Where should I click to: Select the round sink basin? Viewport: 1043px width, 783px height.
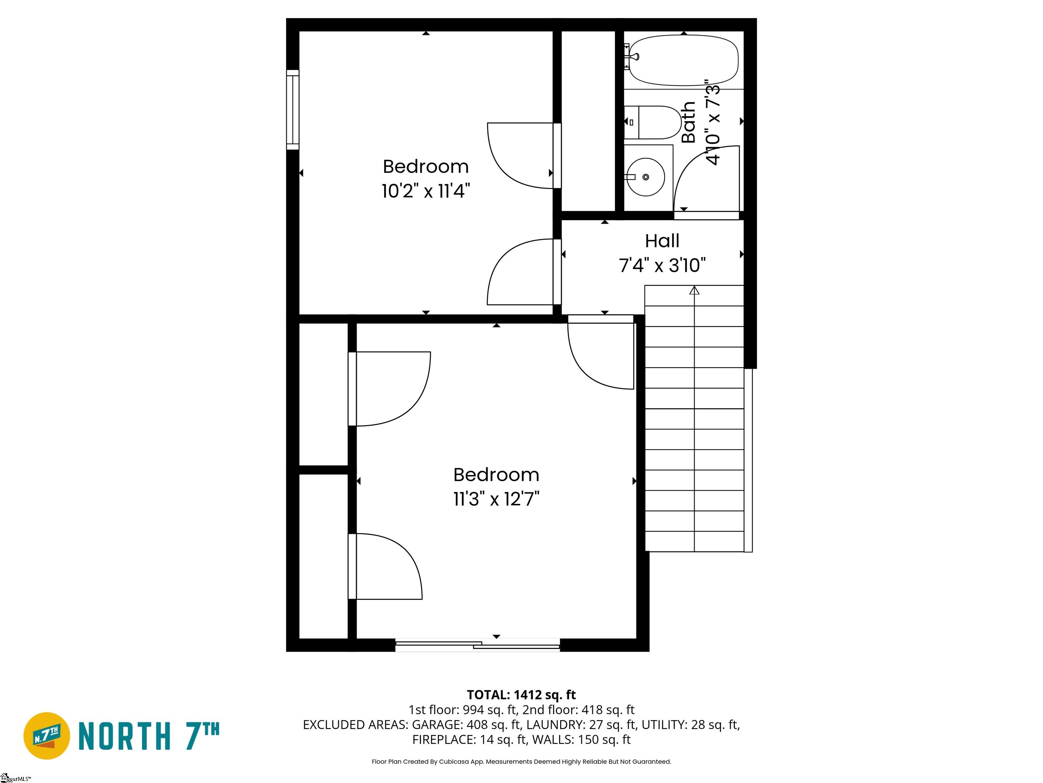click(645, 177)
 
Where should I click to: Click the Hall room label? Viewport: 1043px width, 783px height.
click(662, 241)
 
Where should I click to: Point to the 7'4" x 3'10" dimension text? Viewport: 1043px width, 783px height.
click(662, 265)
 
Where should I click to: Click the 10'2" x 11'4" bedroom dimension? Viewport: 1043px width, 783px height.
click(426, 191)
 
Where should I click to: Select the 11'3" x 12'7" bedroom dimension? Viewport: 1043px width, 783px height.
click(496, 499)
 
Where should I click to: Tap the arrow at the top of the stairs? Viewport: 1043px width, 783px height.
click(694, 290)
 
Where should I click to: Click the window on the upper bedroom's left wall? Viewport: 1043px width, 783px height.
click(293, 110)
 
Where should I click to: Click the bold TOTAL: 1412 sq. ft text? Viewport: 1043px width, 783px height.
click(521, 695)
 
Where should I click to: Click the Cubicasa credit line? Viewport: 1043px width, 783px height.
click(521, 761)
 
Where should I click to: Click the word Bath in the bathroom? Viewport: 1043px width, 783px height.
click(689, 122)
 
